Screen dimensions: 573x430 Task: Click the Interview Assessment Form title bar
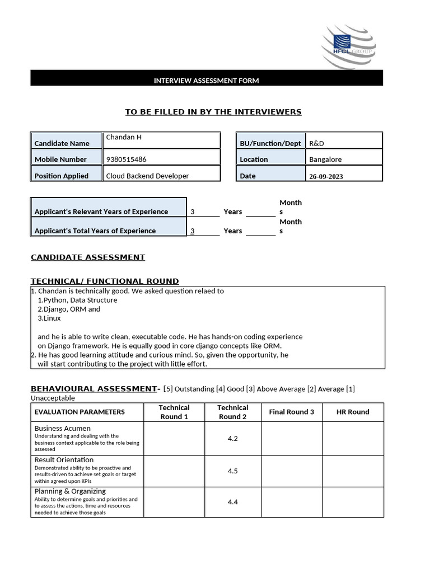206,81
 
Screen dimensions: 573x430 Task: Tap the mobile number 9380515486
126,159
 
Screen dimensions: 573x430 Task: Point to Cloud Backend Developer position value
147,176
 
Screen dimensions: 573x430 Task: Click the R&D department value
316,143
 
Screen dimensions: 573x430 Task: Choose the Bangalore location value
325,159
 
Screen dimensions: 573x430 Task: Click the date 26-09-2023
326,176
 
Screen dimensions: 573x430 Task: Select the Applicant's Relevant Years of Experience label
101,212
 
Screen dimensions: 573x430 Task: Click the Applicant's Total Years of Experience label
95,231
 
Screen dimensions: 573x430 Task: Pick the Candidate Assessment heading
88,257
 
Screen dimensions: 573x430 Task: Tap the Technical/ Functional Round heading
105,281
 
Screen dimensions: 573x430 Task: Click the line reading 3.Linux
49,318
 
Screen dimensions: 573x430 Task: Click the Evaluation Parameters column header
80,412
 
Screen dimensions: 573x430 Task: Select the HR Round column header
352,412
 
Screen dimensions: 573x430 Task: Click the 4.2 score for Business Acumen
232,439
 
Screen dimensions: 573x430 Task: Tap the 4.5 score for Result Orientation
232,471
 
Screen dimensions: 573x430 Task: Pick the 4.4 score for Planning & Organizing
232,502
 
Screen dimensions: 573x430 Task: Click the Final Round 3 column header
291,412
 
